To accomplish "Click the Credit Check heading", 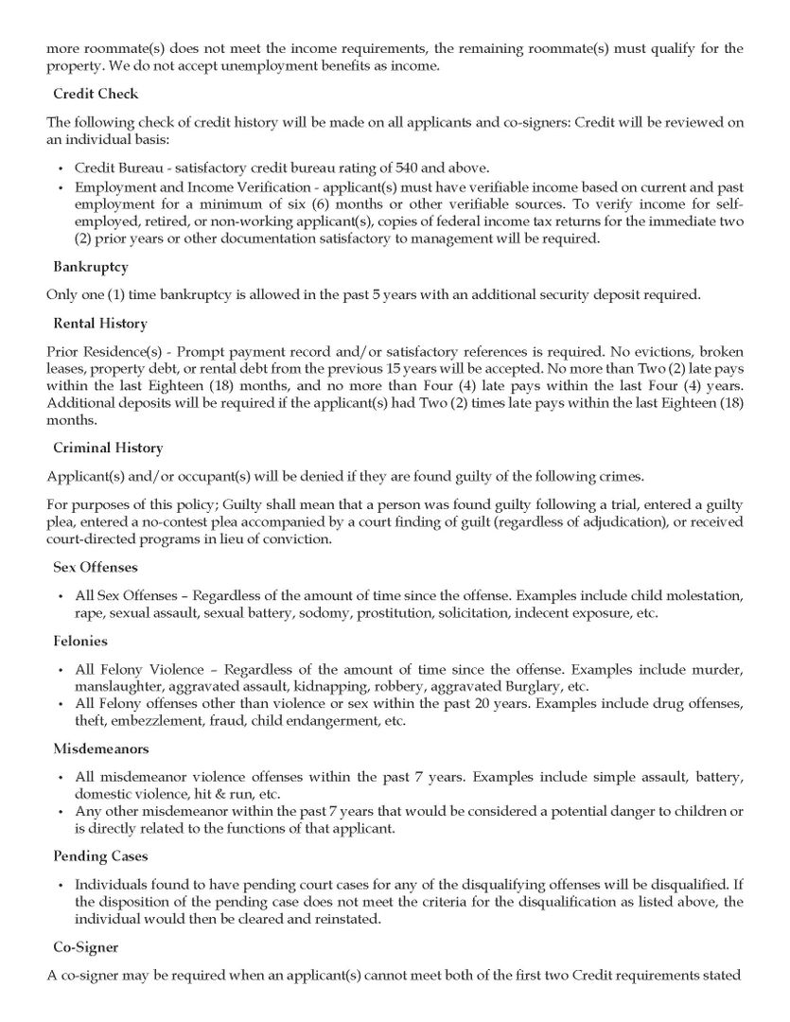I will click(96, 94).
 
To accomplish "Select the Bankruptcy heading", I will click(91, 268).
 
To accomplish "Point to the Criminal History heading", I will click(108, 448).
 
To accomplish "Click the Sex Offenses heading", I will click(96, 567).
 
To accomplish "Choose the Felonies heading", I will click(80, 641).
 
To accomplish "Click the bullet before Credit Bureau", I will click(61, 167).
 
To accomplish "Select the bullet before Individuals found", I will click(61, 883).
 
